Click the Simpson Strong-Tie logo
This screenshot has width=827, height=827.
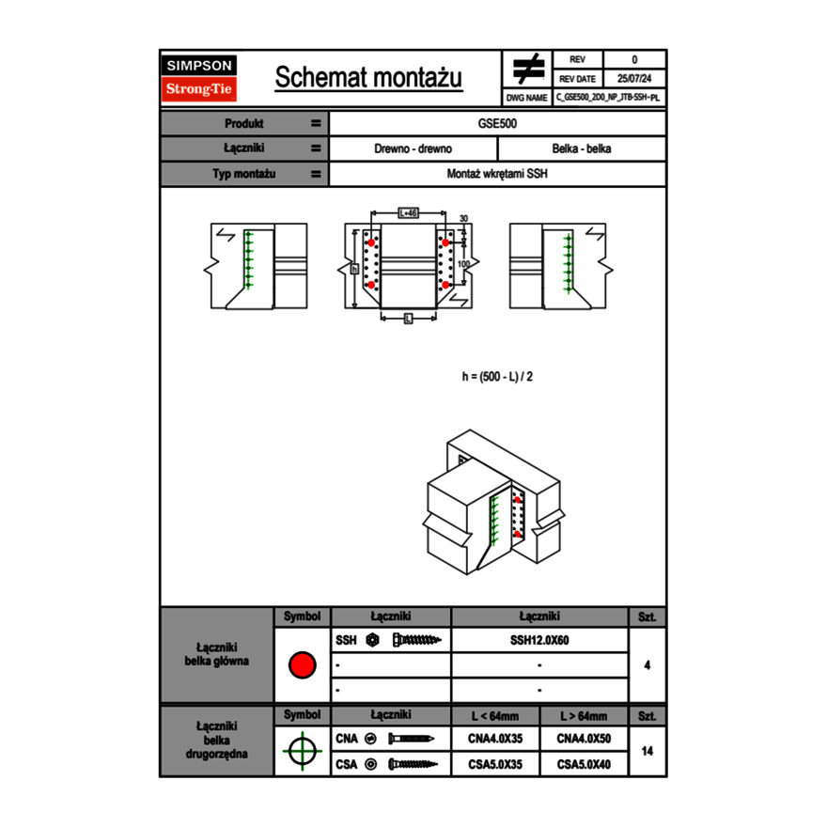point(200,78)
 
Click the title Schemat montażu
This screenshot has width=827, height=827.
point(368,78)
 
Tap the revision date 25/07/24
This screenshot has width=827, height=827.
point(634,79)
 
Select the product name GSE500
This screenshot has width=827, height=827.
point(498,124)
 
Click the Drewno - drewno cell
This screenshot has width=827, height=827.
point(413,149)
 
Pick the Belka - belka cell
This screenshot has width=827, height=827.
point(582,149)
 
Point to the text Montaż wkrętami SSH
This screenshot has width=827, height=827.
point(498,175)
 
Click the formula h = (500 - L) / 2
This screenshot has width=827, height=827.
point(498,376)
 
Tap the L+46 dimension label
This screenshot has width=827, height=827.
point(408,213)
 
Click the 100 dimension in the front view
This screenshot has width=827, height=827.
point(464,265)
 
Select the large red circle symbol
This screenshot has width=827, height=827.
point(302,665)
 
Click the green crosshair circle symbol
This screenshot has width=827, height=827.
point(302,751)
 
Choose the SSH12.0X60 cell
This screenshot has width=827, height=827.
point(539,641)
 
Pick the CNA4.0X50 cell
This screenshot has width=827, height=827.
point(584,740)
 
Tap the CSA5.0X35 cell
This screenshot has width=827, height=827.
point(495,765)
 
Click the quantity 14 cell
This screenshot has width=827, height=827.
point(647,751)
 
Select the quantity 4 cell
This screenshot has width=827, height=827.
point(647,665)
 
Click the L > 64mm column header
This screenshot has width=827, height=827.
point(584,716)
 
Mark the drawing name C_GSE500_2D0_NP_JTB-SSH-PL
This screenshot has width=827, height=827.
point(608,97)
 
